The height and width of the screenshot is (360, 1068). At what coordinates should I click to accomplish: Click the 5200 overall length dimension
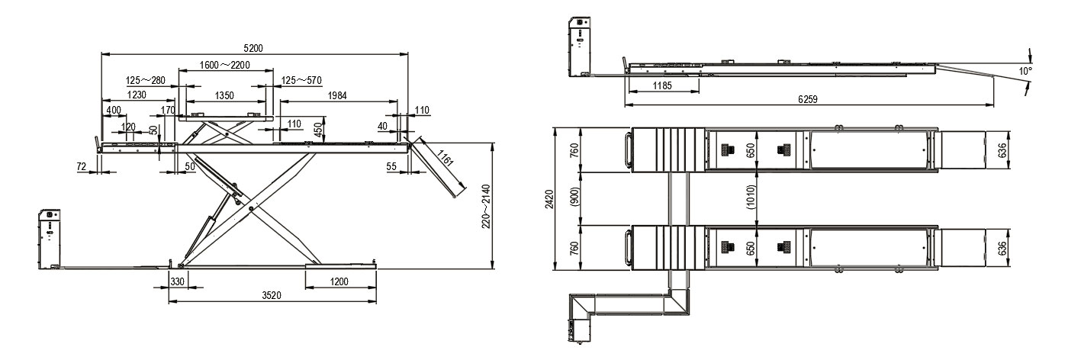pos(253,48)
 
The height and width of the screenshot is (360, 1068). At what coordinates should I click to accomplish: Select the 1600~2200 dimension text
pos(224,65)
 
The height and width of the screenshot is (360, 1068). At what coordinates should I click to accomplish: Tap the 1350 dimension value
pos(224,96)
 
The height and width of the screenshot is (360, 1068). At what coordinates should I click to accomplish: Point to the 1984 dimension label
pos(337,95)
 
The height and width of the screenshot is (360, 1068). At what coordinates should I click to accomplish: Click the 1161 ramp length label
pos(444,157)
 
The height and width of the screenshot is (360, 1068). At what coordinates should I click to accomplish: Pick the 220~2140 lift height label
pos(486,206)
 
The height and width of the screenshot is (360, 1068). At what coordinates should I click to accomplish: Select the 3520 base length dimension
pos(272,296)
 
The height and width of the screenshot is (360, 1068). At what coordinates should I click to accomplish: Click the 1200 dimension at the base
pos(339,281)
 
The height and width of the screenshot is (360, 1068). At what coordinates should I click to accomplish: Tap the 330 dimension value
pos(177,281)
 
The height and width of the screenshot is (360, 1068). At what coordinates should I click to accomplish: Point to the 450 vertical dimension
pos(319,128)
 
